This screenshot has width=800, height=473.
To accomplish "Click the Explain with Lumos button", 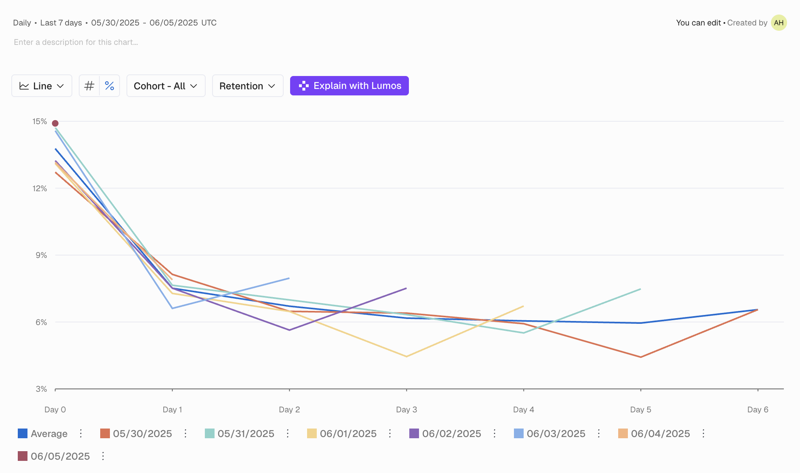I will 349,86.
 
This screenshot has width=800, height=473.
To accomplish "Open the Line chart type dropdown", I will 42,86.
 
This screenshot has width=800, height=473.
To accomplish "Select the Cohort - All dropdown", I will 166,86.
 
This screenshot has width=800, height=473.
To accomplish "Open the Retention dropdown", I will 247,86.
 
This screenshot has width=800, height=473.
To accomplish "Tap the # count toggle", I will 89,86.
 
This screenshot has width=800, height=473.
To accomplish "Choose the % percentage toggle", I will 109,86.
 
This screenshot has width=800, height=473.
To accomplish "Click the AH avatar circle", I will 779,23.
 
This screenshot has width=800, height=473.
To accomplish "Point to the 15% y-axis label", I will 40,121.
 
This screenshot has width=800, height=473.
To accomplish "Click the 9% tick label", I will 41,255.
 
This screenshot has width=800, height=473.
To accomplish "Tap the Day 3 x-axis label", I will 406,410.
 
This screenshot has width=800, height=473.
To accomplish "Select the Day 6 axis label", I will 758,410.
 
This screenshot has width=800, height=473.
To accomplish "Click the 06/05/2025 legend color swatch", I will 23,456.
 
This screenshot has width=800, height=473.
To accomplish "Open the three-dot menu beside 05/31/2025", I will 288,434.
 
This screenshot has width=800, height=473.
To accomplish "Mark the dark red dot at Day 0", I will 55,123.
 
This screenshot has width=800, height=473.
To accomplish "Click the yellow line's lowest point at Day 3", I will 406,356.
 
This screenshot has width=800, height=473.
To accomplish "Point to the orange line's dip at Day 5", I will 641,357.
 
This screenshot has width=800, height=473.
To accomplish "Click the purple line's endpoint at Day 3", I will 406,288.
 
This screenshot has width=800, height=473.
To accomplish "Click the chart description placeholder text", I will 76,42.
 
